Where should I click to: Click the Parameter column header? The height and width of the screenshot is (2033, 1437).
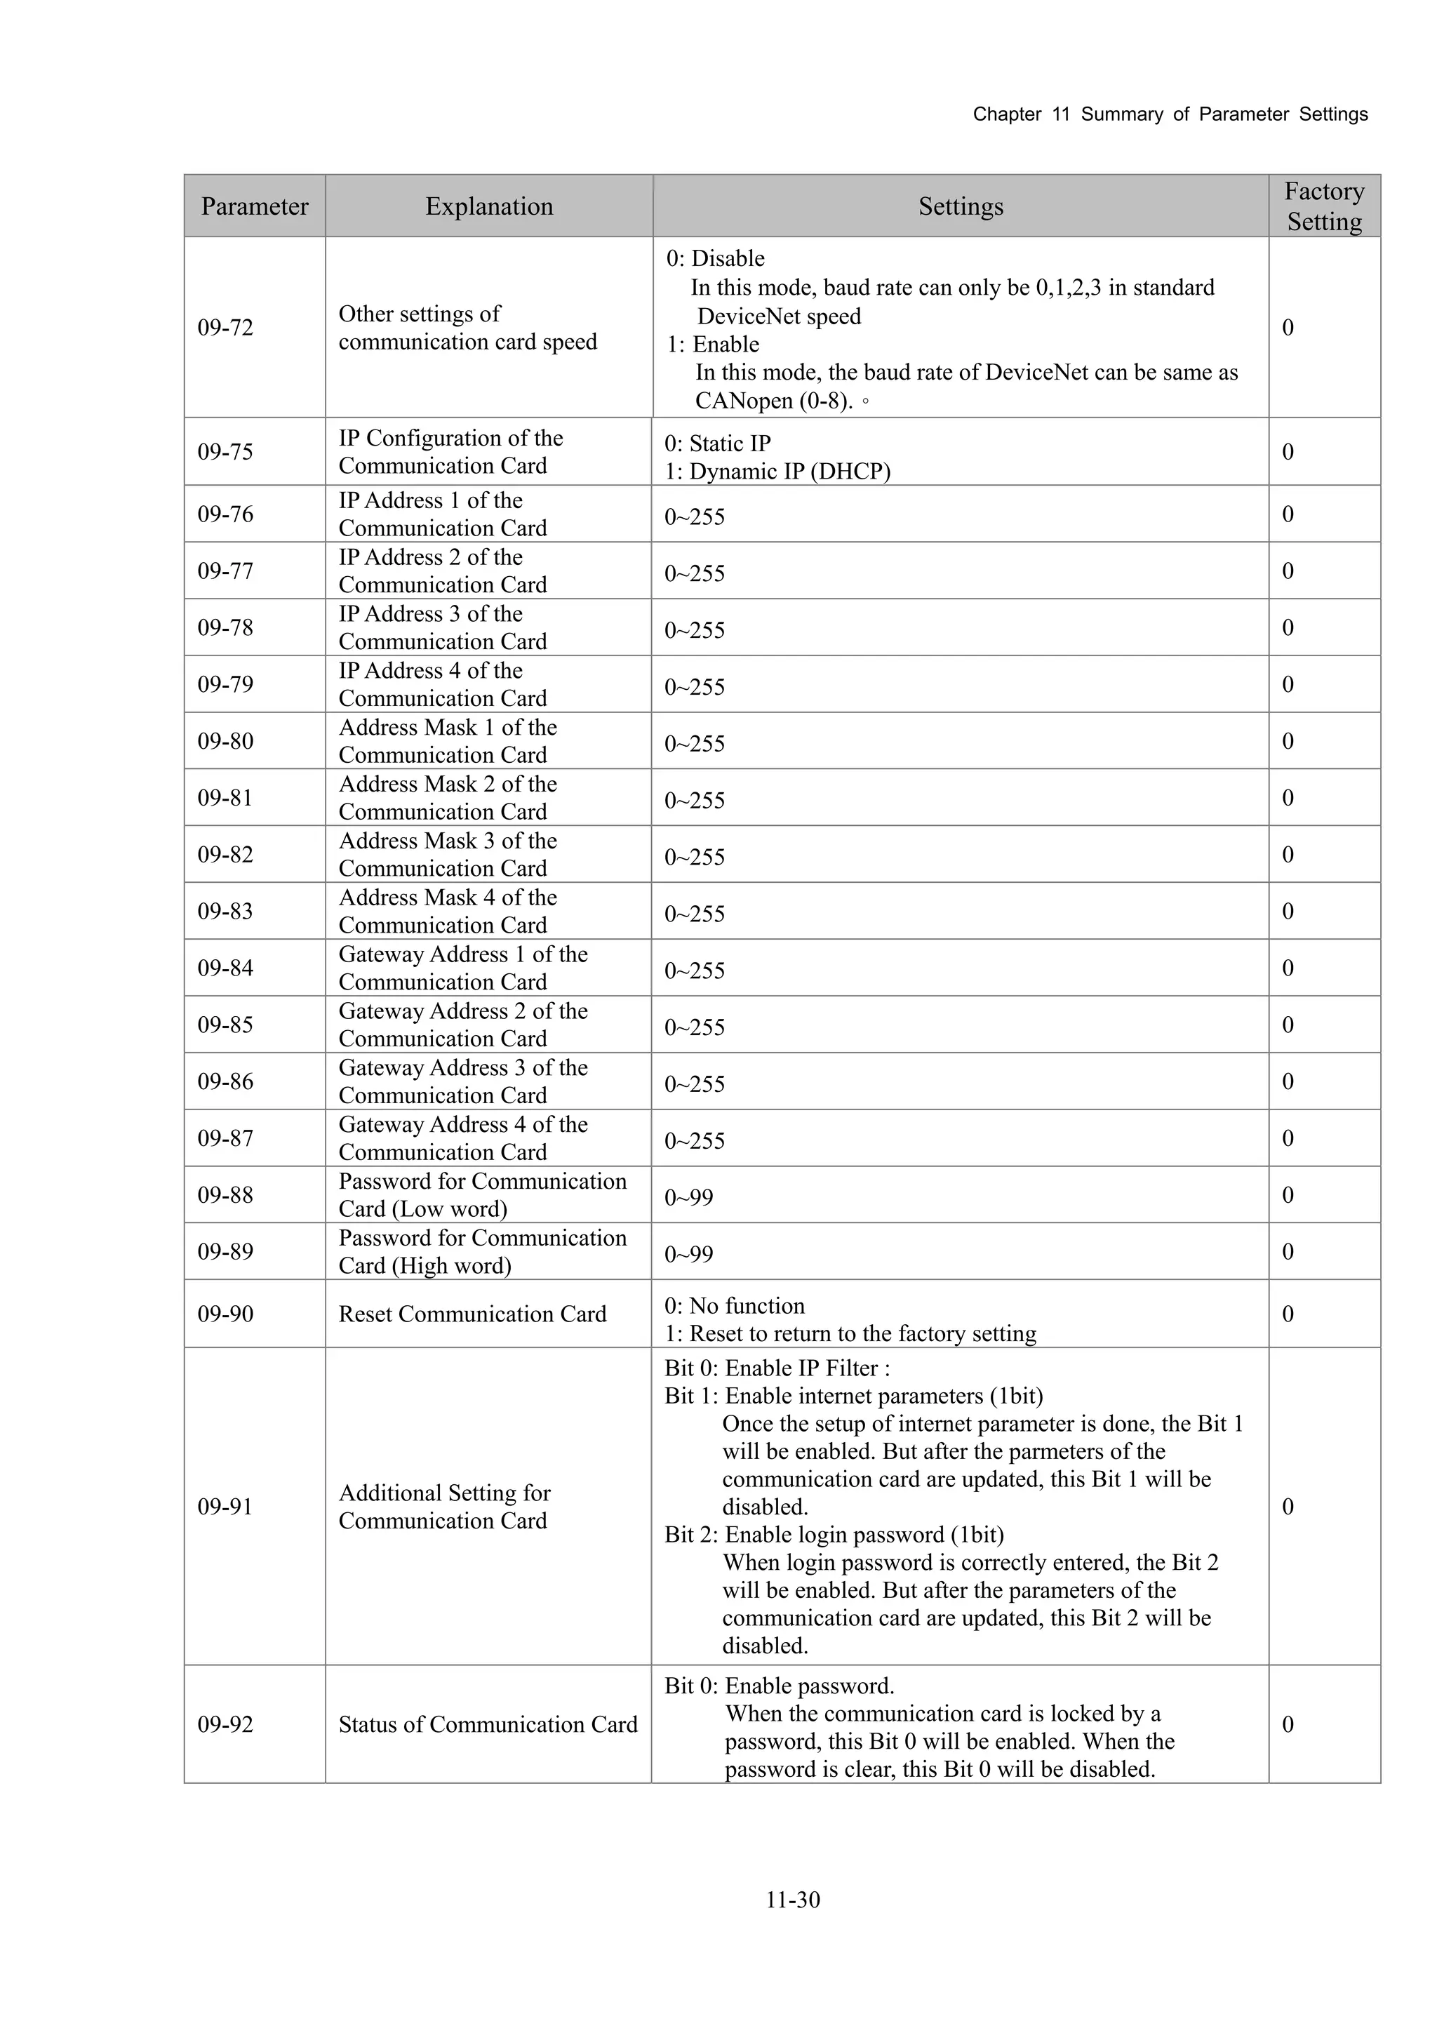point(254,206)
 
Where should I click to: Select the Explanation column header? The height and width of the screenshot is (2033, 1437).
point(489,206)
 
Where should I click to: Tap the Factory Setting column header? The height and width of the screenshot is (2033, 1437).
point(1323,206)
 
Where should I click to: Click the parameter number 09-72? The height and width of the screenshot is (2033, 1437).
point(225,328)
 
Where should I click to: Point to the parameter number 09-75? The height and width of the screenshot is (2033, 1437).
point(225,451)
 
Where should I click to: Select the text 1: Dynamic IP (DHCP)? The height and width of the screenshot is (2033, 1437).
point(777,471)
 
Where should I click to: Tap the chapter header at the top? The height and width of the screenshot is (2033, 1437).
point(1170,114)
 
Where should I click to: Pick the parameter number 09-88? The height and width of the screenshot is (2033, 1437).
point(225,1194)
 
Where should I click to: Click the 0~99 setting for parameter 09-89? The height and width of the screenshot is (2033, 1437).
point(689,1254)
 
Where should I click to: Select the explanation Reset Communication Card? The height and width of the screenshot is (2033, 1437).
point(472,1314)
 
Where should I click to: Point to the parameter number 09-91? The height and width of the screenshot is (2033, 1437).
point(225,1506)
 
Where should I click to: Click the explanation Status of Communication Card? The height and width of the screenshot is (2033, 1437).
point(488,1724)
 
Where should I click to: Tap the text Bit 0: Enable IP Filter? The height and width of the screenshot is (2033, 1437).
point(777,1368)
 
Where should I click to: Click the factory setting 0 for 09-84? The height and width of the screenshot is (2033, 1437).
point(1288,968)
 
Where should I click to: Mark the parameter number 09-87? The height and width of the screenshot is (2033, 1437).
point(225,1138)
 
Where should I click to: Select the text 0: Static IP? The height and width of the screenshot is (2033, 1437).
point(717,443)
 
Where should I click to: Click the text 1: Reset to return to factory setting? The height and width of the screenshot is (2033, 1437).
point(850,1333)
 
